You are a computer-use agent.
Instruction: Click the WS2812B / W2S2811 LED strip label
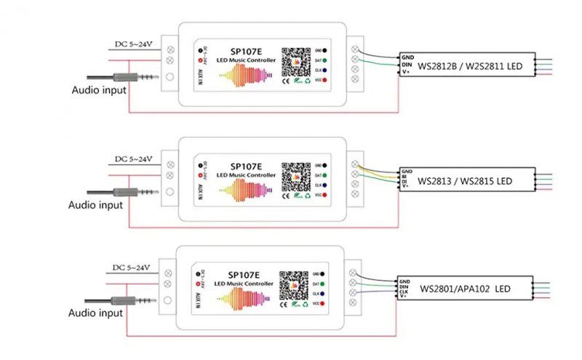(470, 66)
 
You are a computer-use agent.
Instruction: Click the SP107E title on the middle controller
(246, 166)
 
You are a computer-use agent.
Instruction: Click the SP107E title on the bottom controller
(243, 275)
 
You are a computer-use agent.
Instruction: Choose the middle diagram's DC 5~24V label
(133, 159)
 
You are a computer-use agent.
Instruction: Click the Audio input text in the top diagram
(99, 90)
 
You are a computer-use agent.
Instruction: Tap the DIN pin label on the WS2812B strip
(408, 63)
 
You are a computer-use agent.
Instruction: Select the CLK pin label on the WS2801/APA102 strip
(405, 291)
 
